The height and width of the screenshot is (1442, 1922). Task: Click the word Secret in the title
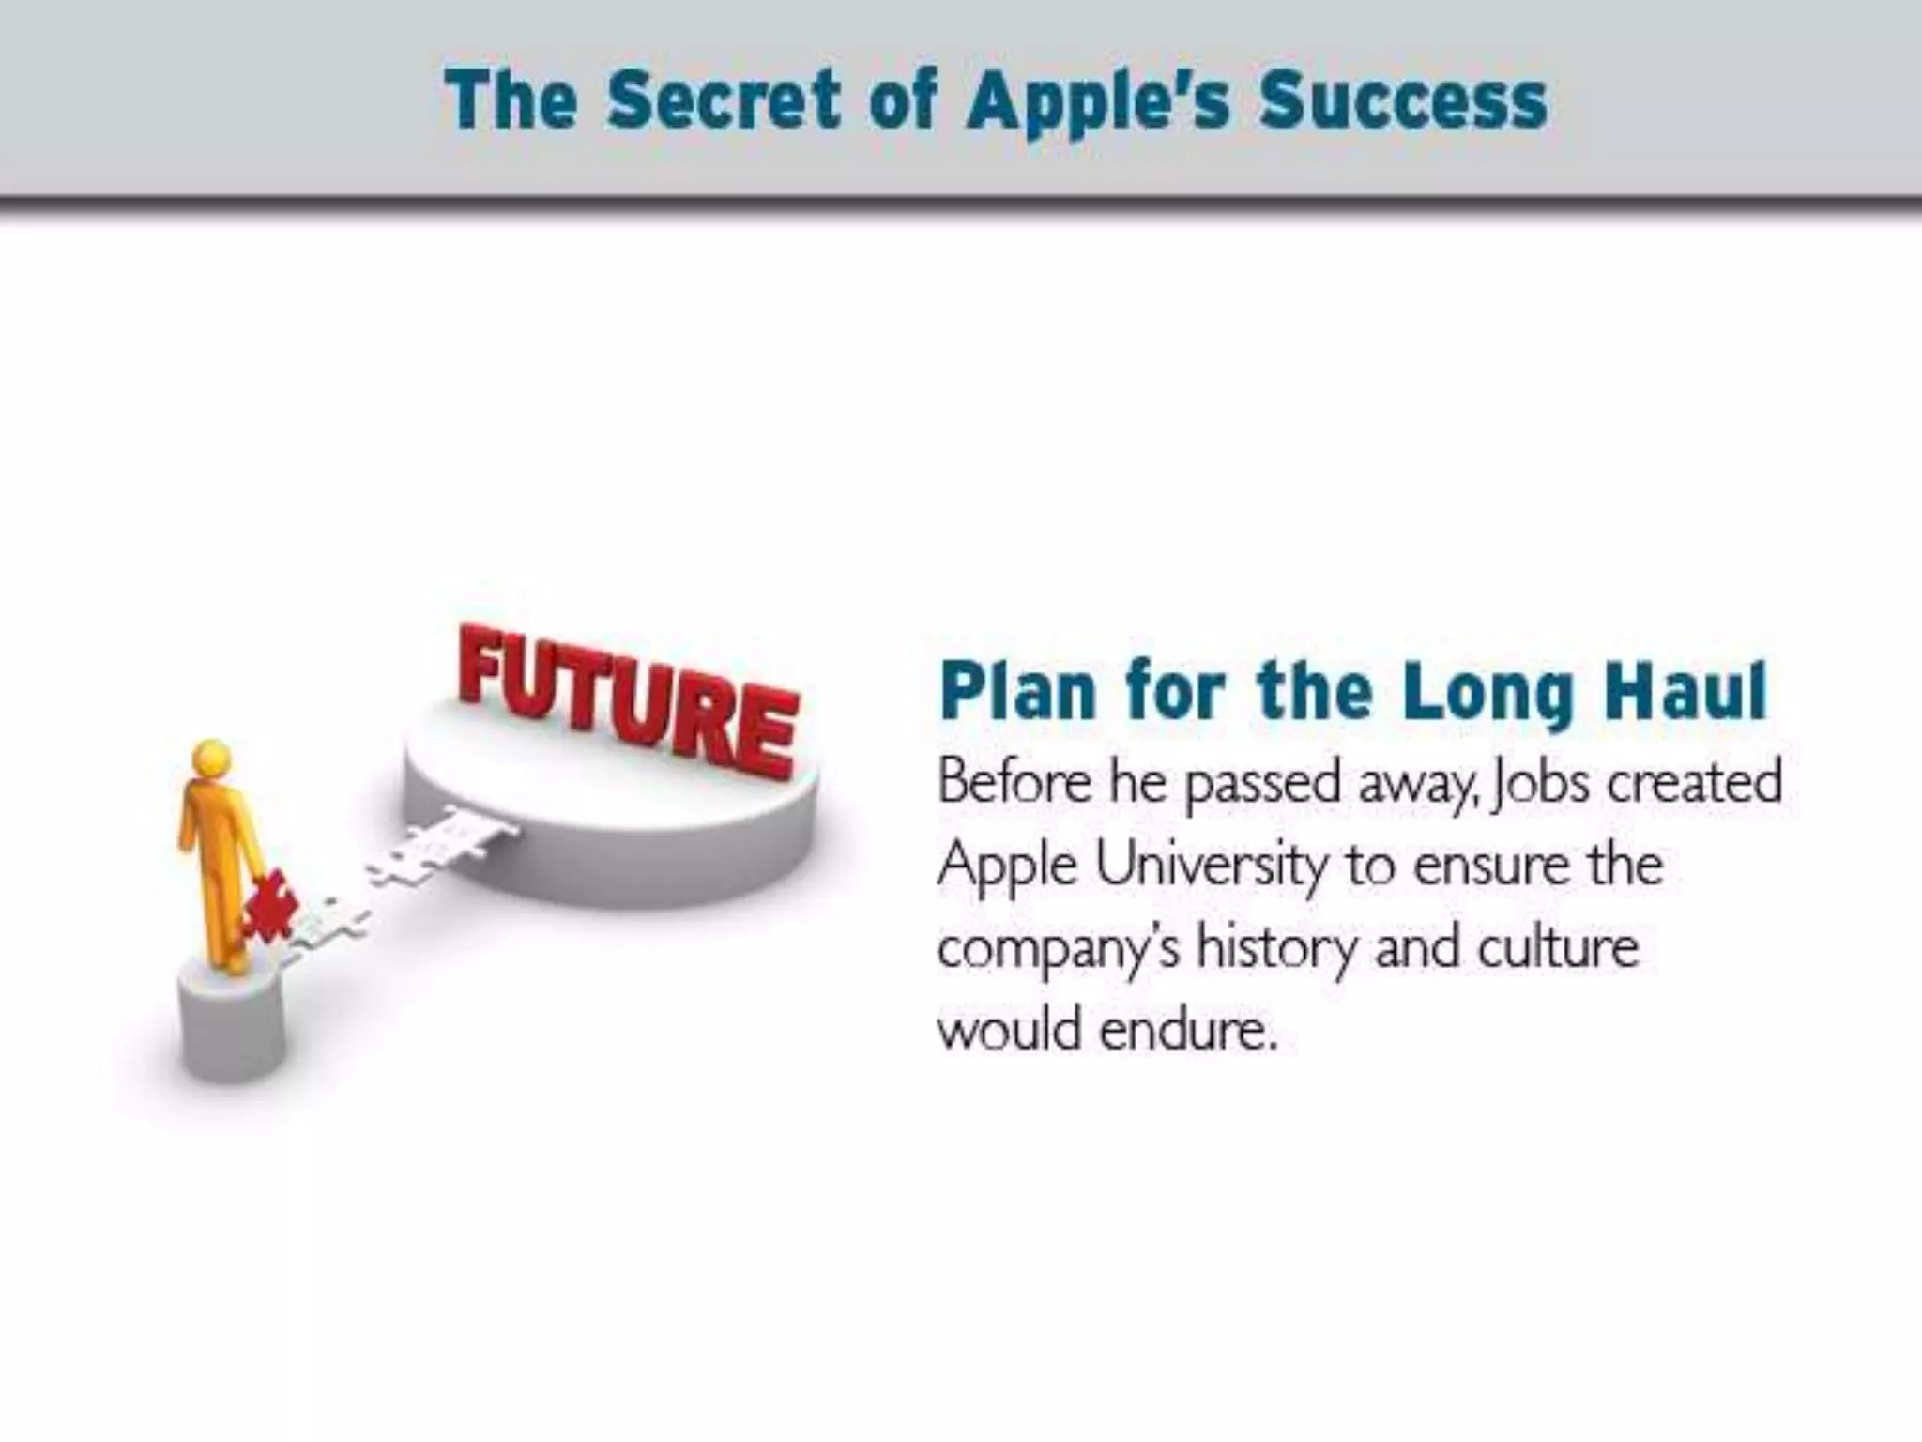723,100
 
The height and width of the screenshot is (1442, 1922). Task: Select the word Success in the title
1403,100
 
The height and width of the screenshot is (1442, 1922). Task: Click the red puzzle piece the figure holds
270,906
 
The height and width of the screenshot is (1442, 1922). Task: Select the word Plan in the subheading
1017,691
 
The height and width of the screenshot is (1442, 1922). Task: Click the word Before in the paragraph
1014,781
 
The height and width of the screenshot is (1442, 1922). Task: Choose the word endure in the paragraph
1188,1031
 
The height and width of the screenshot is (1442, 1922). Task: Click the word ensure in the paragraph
1490,866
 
